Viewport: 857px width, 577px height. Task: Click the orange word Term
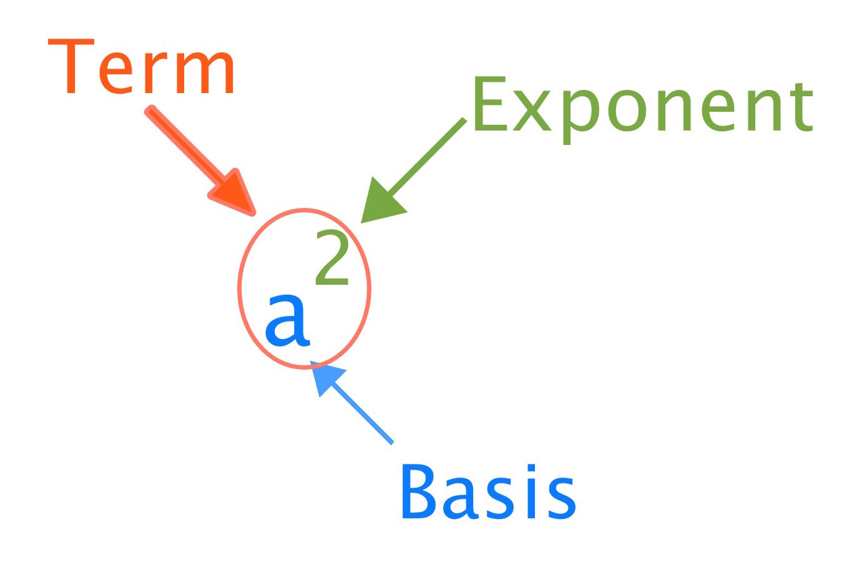(x=141, y=66)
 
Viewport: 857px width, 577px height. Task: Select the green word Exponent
(x=643, y=110)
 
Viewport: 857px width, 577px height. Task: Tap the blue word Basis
(x=489, y=491)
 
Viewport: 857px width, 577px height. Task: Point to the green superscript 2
(x=331, y=257)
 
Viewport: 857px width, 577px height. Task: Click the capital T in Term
(x=71, y=66)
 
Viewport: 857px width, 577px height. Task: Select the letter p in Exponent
(x=580, y=116)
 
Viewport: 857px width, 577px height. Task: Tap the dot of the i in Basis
(x=531, y=468)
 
